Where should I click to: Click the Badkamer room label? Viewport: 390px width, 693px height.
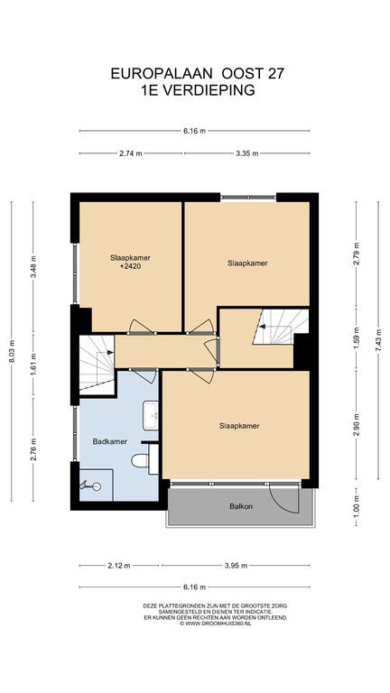(110, 441)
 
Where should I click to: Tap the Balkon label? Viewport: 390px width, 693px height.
(241, 506)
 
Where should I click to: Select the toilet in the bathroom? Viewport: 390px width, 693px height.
(140, 460)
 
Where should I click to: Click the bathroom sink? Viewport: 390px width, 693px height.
(151, 415)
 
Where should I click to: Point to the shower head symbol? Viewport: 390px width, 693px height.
(90, 486)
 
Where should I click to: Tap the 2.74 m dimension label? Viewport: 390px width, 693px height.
(131, 153)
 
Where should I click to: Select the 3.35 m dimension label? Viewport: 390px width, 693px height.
(247, 153)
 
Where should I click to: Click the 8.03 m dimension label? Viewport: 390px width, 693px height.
(12, 351)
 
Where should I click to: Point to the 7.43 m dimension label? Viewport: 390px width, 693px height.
(378, 340)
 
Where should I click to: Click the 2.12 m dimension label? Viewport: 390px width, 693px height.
(118, 565)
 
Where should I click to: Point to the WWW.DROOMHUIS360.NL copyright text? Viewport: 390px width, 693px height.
(218, 624)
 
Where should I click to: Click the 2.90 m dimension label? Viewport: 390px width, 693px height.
(357, 425)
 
